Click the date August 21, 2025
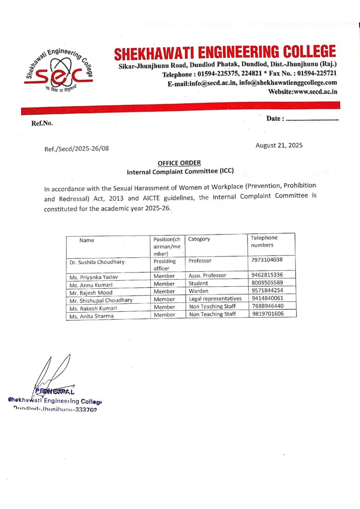[279, 145]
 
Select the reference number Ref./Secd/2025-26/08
[77, 148]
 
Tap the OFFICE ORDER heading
[179, 163]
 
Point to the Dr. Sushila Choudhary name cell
[97, 261]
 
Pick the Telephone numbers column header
[264, 241]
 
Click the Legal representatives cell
[215, 299]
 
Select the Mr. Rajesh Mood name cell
[91, 292]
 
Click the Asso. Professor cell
[207, 275]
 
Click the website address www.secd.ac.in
[303, 91]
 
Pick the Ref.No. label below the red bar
[42, 123]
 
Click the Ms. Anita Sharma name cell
[91, 316]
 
